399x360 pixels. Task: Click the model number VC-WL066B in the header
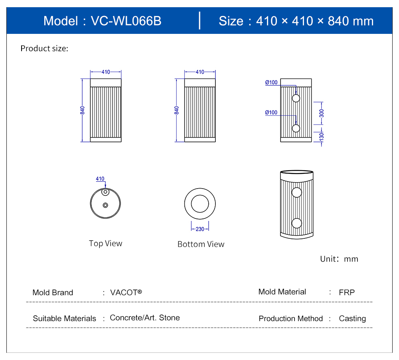pos(126,21)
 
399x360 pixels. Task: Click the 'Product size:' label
pos(44,49)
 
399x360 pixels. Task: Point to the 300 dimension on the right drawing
pos(322,113)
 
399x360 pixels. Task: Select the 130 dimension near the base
pos(322,136)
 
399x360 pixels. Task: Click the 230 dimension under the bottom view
pos(200,229)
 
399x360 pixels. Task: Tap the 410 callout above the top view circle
pos(100,179)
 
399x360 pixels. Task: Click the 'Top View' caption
pos(105,243)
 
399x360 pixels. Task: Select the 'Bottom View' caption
pos(201,244)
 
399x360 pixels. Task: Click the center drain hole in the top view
pos(105,205)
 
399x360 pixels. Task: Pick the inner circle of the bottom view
pos(200,204)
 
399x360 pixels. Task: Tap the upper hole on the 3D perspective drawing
pos(296,193)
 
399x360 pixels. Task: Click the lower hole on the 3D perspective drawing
pos(296,223)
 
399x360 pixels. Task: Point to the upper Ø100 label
pos(271,83)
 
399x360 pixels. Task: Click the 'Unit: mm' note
pos(339,259)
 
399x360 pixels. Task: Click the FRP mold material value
pos(346,292)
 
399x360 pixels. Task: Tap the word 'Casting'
pos(352,319)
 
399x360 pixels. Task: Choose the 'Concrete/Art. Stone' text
pos(144,318)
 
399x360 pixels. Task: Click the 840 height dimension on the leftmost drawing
pos(83,110)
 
